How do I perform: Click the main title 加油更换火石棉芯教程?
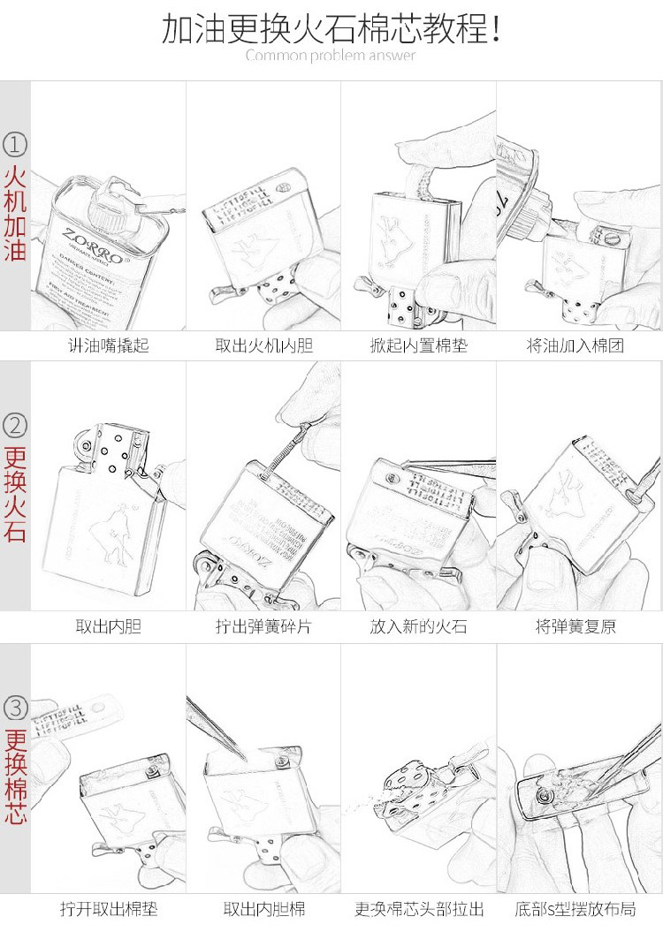point(331,28)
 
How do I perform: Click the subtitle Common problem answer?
point(331,56)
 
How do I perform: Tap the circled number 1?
point(16,144)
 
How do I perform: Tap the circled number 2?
point(16,426)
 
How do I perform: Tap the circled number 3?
point(16,708)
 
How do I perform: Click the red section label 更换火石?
point(16,496)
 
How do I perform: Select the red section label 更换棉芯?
point(16,777)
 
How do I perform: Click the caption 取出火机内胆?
point(264,345)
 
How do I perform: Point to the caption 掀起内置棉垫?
point(418,345)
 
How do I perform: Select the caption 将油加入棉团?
point(575,345)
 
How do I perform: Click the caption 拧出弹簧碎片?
point(264,627)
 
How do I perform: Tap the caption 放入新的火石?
point(418,627)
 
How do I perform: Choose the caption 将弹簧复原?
point(575,627)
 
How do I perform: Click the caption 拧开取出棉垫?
point(109,908)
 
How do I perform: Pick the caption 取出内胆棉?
point(264,908)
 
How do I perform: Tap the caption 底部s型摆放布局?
point(575,908)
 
